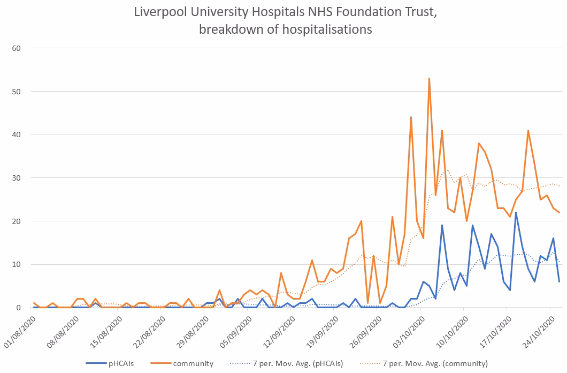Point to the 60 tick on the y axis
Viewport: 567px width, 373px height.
16,48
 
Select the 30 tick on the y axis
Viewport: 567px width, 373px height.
16,178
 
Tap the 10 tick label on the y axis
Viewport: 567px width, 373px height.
16,264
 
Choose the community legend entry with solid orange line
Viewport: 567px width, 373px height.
193,363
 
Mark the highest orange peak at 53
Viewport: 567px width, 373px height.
429,78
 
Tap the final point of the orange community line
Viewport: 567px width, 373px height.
559,212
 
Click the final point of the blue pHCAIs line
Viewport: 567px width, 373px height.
559,282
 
